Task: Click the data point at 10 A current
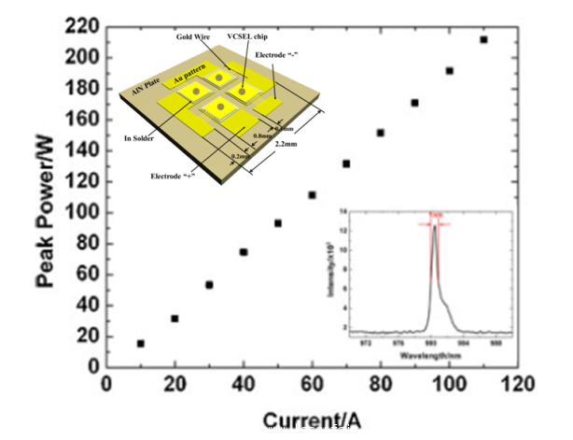tap(140, 344)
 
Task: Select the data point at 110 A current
tap(483, 39)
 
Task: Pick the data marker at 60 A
tap(312, 195)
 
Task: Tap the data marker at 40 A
tap(243, 252)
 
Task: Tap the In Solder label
tap(141, 137)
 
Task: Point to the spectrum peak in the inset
tap(434, 226)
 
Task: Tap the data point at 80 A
tap(381, 133)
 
